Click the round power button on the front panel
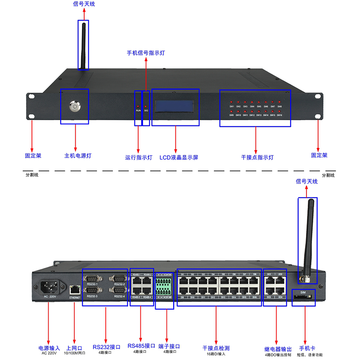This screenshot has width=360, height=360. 74,107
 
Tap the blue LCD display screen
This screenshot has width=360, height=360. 176,106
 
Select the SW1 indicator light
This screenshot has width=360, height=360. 231,102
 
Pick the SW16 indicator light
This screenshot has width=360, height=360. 279,110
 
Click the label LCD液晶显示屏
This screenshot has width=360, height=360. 179,158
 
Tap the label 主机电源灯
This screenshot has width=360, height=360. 77,156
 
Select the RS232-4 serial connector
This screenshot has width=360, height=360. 119,290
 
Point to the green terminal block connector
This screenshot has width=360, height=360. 164,285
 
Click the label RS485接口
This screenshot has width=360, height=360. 141,346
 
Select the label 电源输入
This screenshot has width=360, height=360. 49,348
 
